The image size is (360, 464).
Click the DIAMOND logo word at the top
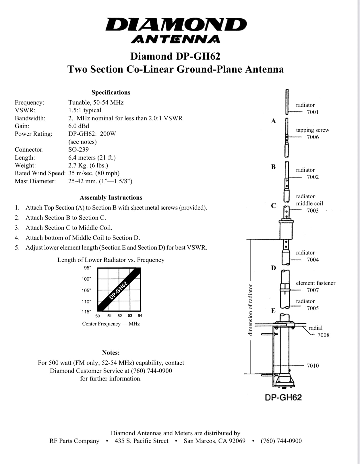[x=176, y=24]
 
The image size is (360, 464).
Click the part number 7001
[x=313, y=112]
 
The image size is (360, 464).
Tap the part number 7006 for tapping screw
[x=313, y=137]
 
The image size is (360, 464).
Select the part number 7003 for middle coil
[x=313, y=211]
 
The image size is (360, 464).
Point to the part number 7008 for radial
[x=323, y=335]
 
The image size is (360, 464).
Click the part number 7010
[x=313, y=366]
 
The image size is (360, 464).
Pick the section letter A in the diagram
[x=274, y=121]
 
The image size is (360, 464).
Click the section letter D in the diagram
[x=274, y=268]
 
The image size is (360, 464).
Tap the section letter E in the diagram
[x=273, y=311]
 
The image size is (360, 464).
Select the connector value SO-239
[x=78, y=149]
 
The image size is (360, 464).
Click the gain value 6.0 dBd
[x=79, y=126]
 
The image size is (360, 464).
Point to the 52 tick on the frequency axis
[x=120, y=316]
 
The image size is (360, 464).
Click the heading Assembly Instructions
[x=111, y=198]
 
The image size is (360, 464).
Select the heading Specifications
[x=111, y=93]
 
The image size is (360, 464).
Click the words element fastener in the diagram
[x=316, y=283]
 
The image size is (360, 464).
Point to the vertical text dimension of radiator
[x=250, y=310]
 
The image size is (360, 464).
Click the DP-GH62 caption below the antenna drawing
[x=283, y=397]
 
